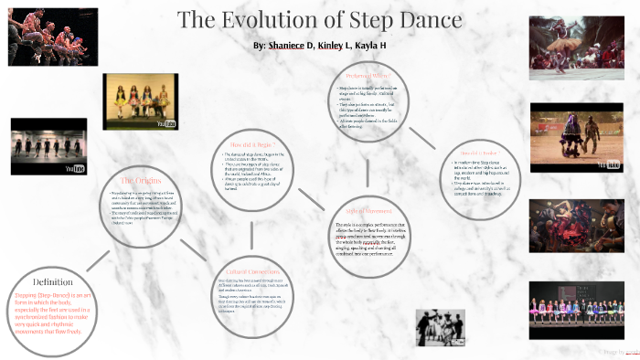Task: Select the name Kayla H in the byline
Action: (x=397, y=45)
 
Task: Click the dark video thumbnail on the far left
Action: (x=48, y=146)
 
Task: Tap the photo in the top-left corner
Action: (x=40, y=37)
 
